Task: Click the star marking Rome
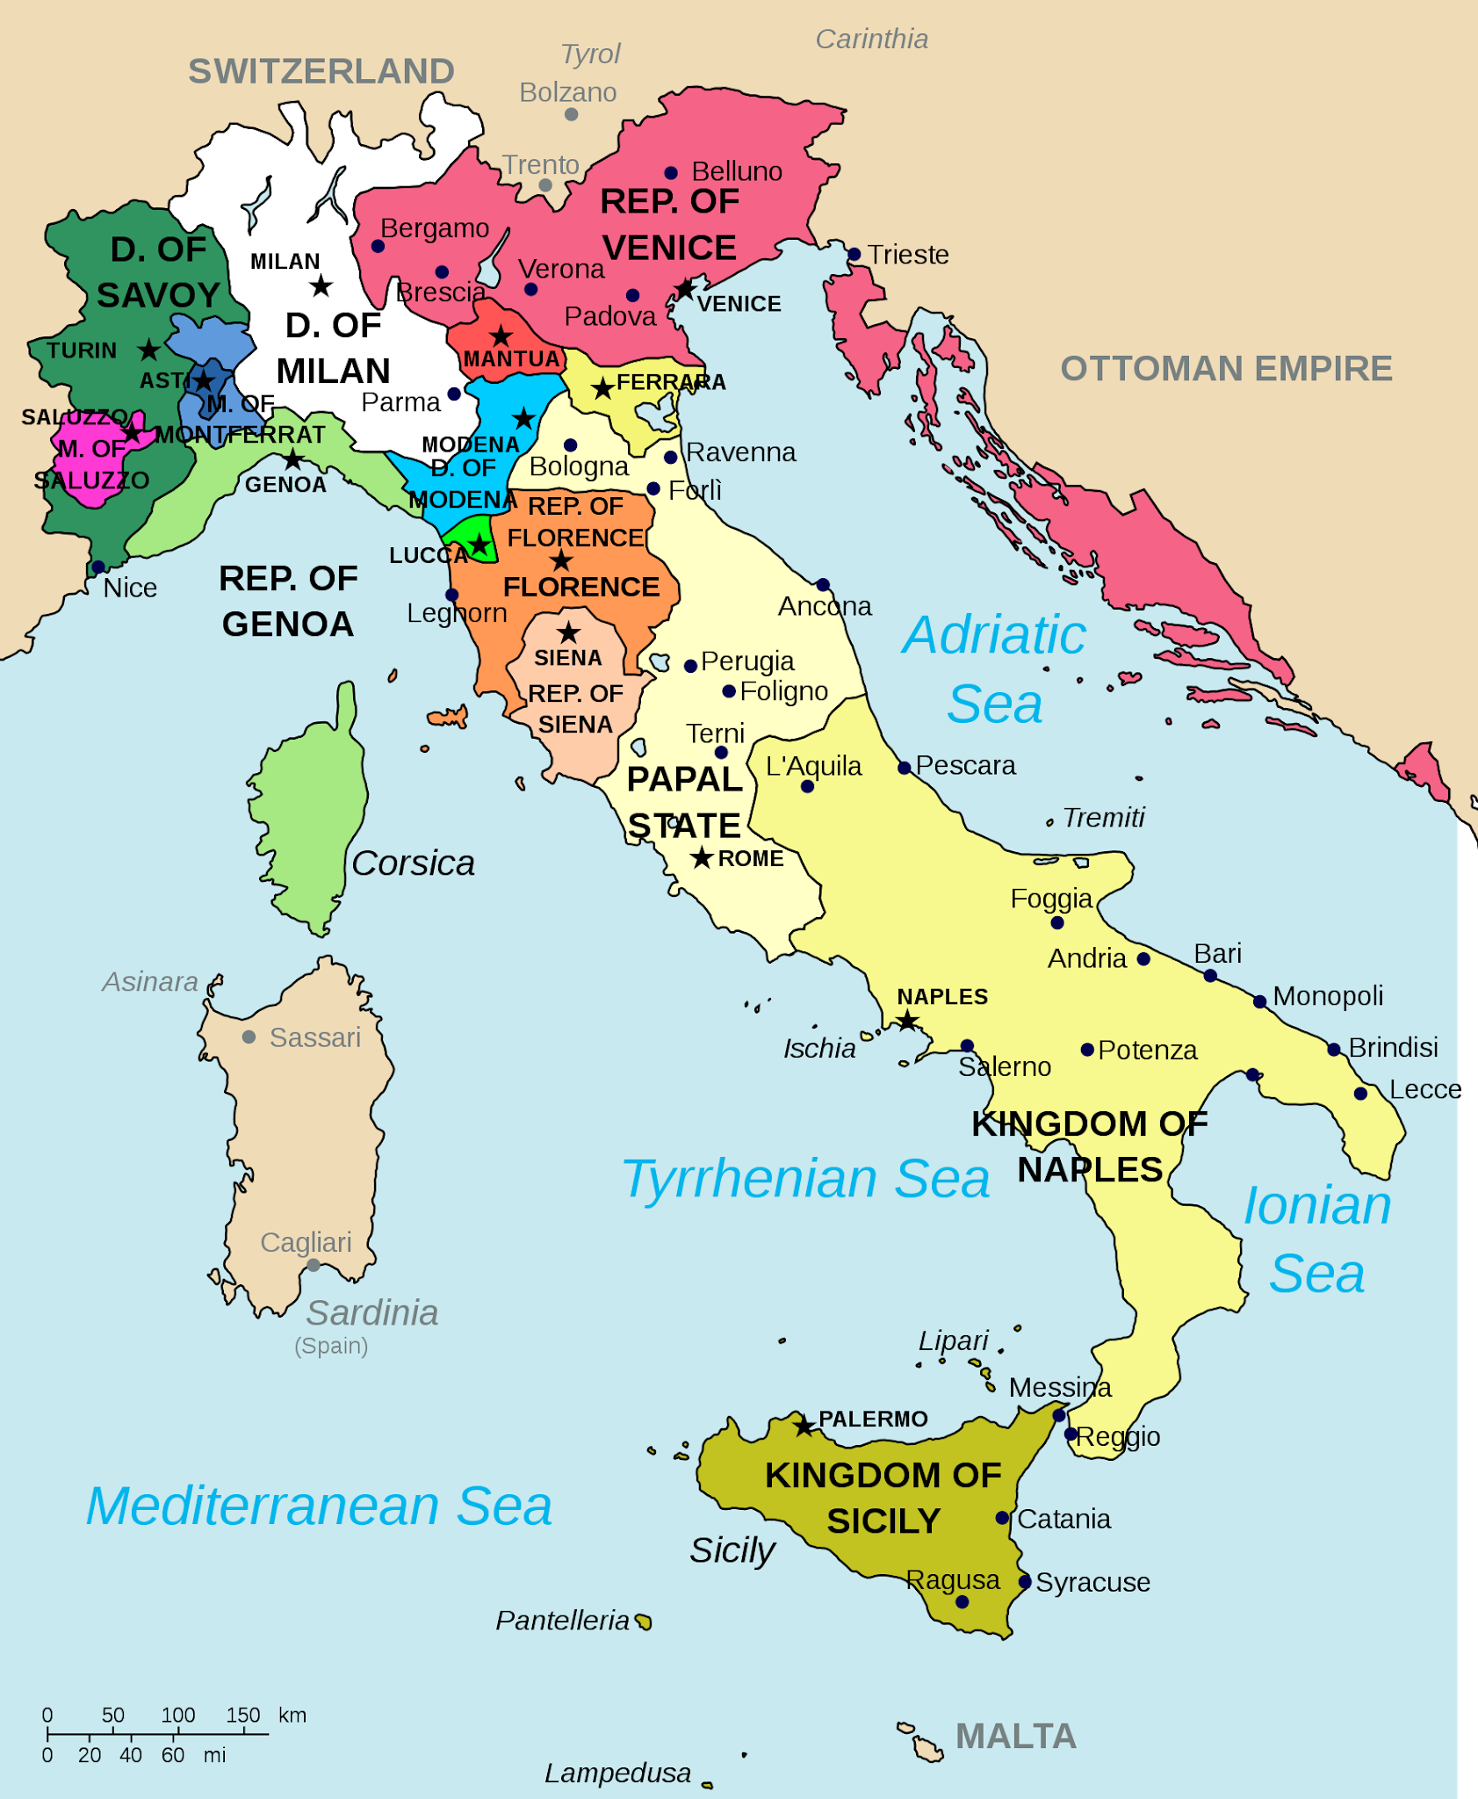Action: tap(701, 857)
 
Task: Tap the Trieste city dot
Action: tap(854, 255)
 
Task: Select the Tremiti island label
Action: tap(1103, 818)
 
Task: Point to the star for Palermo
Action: tap(804, 1426)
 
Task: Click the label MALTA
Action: tap(1015, 1737)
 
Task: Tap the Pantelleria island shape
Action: tap(644, 1622)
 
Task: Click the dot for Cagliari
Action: tap(314, 1265)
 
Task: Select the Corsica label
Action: tap(413, 863)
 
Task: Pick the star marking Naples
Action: tap(907, 1021)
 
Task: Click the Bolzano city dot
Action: tap(571, 115)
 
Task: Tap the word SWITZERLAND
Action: tap(321, 71)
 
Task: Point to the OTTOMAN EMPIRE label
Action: tap(1226, 369)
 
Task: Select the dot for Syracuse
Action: tap(1025, 1582)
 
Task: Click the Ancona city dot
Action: tap(823, 585)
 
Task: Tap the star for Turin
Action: tap(149, 350)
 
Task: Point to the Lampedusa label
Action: tap(617, 1774)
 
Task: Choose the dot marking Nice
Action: tap(98, 567)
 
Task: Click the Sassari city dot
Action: tap(249, 1037)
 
